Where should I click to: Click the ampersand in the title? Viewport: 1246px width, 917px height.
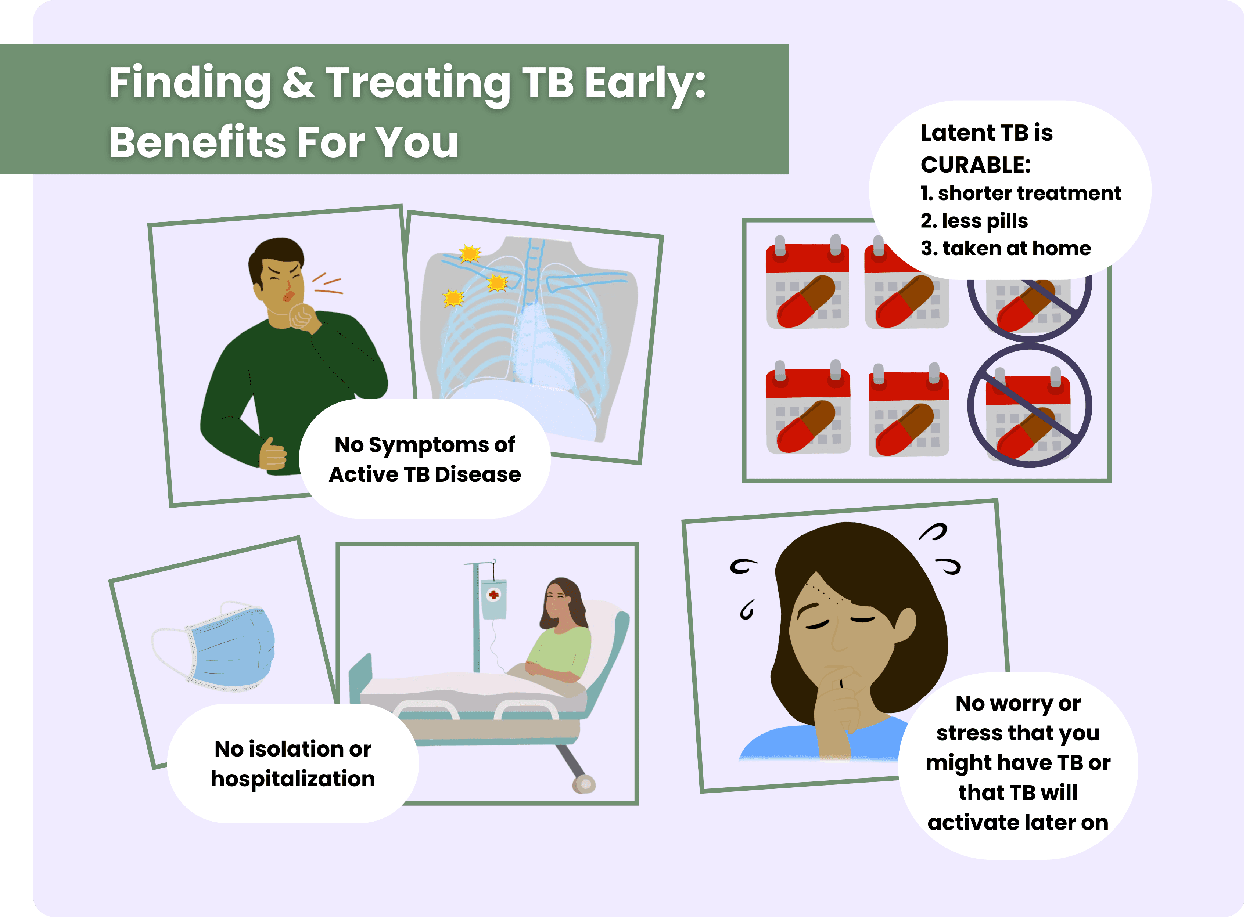coord(298,82)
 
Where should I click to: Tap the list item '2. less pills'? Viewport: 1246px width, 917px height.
coord(974,221)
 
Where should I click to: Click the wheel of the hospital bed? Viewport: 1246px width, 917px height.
coord(583,783)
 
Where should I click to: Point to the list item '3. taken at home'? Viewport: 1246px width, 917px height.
coord(1006,248)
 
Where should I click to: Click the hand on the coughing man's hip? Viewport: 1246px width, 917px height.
coord(273,454)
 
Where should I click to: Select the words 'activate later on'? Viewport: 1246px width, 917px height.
coord(1018,823)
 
